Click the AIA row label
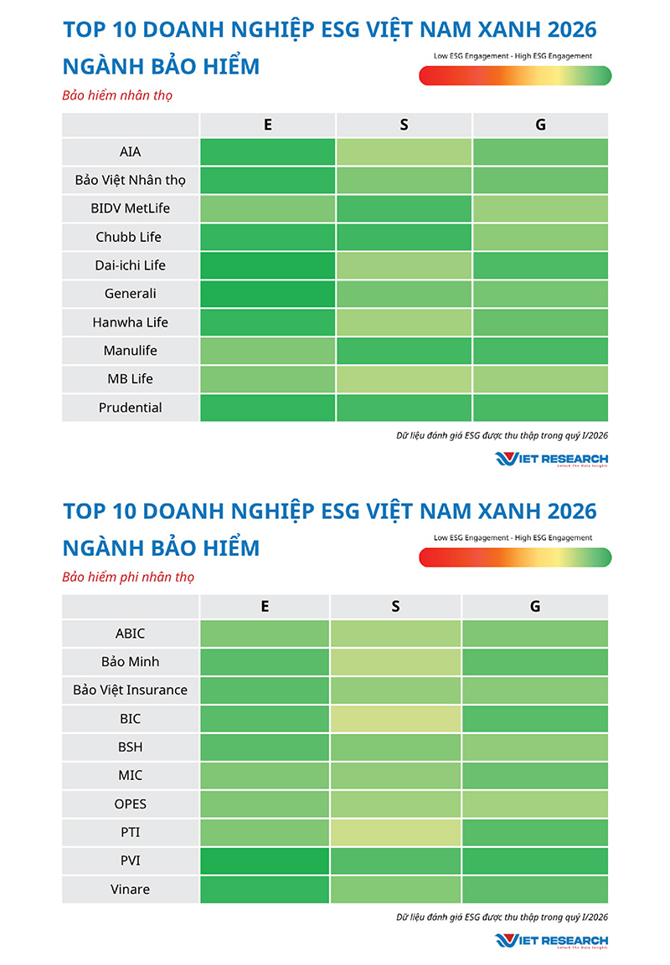[x=130, y=151]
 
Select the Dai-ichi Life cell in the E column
[x=267, y=265]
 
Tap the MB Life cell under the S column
[x=404, y=379]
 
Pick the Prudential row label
[x=130, y=408]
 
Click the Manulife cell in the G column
[x=540, y=351]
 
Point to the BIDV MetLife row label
[x=130, y=208]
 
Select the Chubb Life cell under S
[x=404, y=237]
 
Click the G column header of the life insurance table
[x=540, y=125]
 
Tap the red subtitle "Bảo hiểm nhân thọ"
[x=117, y=95]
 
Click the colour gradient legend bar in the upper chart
[x=515, y=75]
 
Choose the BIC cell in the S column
[x=395, y=719]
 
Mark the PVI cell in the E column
[x=265, y=861]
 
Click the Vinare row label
[x=130, y=890]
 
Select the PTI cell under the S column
[x=395, y=833]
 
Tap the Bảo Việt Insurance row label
[x=130, y=690]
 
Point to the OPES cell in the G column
[x=535, y=804]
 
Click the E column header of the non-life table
[x=265, y=607]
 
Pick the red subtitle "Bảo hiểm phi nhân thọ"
[x=128, y=577]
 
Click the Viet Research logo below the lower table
[x=551, y=940]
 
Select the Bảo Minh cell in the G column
[x=535, y=662]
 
